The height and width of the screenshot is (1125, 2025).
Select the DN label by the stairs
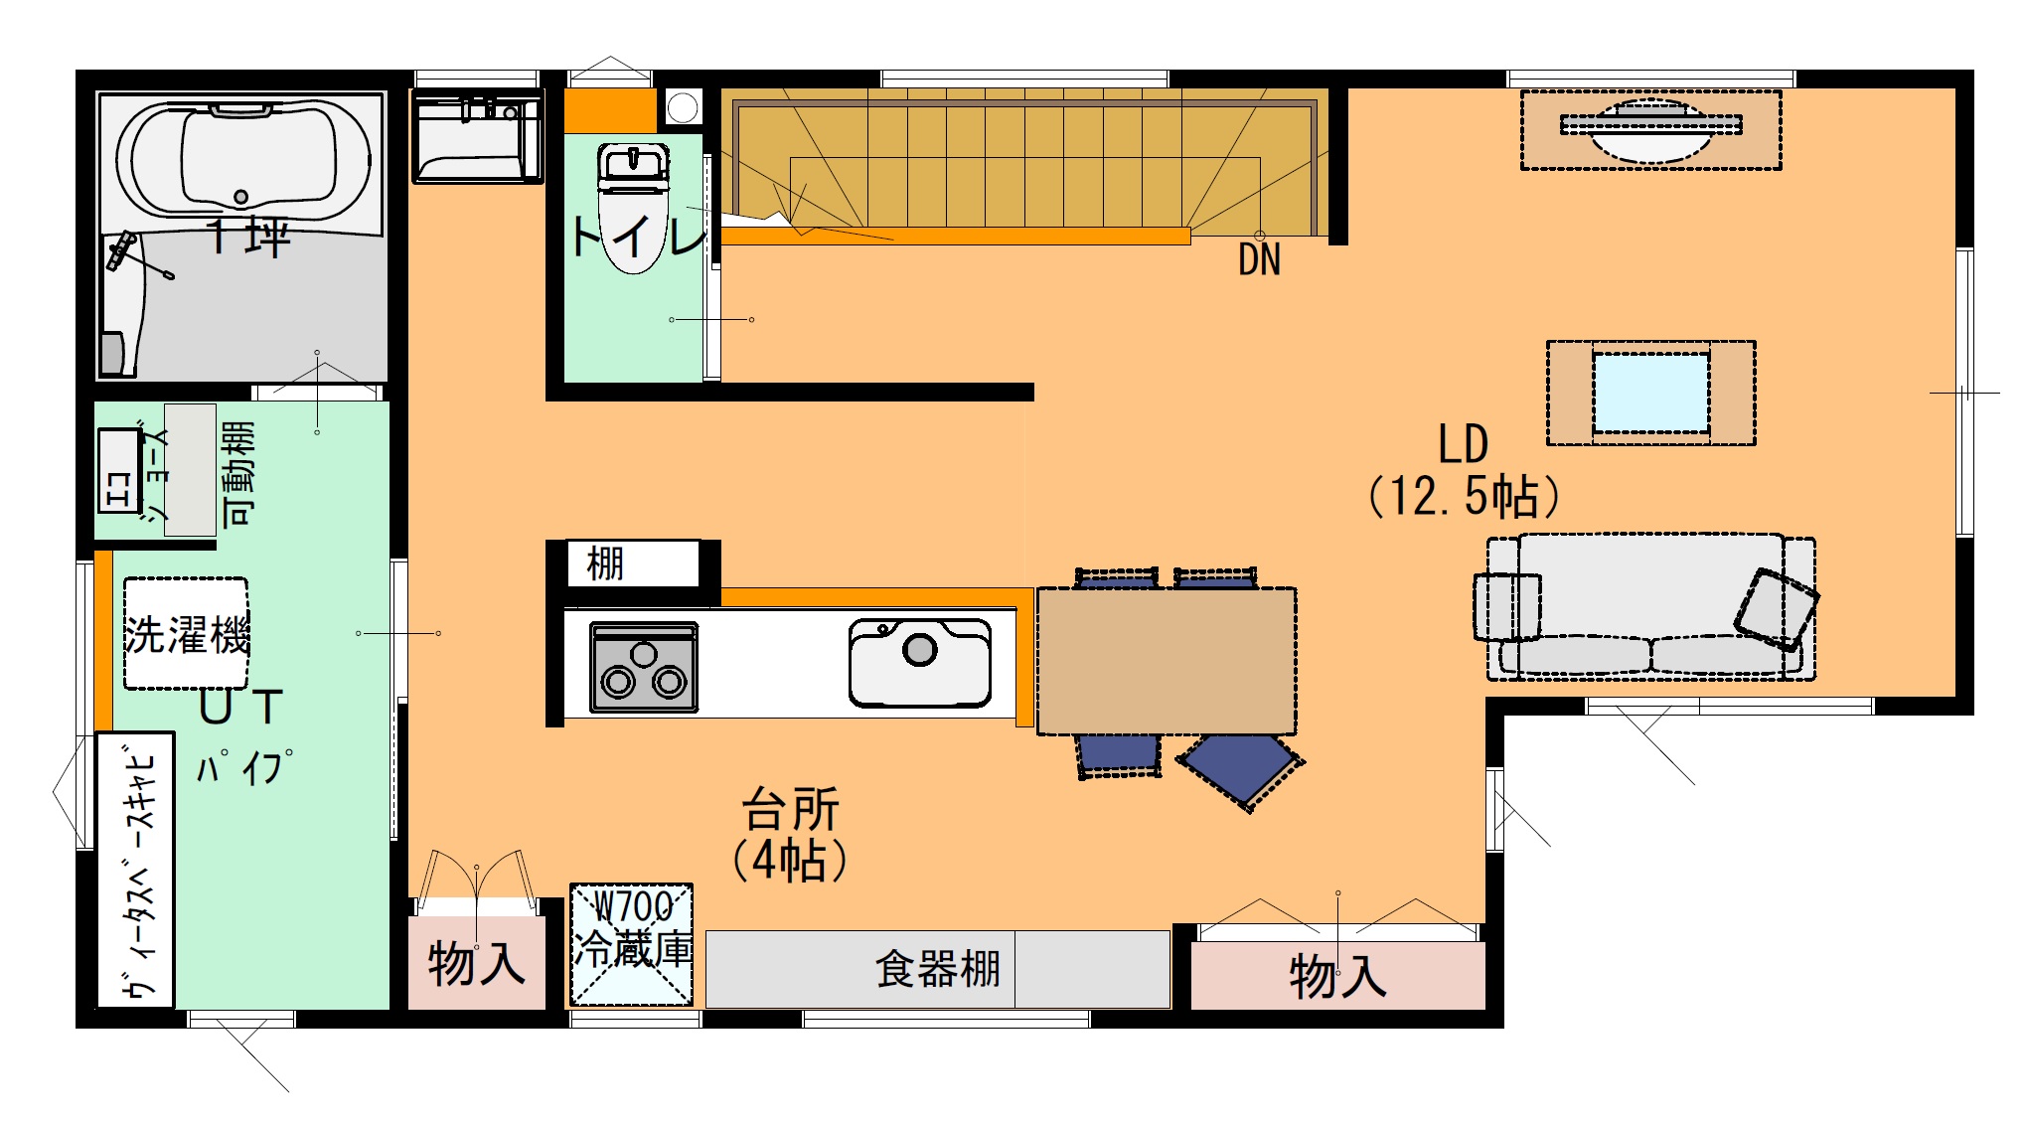[1259, 260]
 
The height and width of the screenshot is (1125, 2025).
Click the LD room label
[1463, 444]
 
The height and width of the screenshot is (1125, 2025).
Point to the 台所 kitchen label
[791, 809]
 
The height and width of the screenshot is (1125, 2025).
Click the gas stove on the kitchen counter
[644, 667]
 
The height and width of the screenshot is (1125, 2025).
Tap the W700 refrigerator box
[632, 945]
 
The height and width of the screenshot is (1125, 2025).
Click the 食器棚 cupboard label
[937, 969]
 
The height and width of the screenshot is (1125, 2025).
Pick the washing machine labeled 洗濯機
[186, 634]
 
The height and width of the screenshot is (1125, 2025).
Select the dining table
[1167, 661]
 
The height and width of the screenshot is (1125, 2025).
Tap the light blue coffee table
[1651, 393]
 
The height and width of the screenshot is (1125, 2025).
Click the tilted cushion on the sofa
[1777, 609]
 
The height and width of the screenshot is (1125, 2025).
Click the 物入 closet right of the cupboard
[1337, 975]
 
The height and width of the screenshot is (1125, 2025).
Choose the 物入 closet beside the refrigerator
[477, 963]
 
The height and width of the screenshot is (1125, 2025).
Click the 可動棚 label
[238, 473]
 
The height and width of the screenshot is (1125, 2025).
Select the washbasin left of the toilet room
[478, 138]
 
